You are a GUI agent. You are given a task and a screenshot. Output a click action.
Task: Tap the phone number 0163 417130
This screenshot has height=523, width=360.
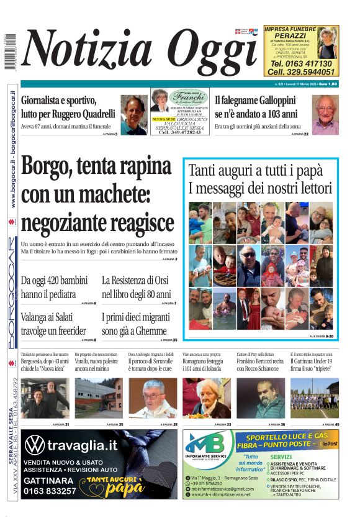(301, 63)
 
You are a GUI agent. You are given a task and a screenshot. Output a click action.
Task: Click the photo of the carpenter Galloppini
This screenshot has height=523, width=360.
(325, 114)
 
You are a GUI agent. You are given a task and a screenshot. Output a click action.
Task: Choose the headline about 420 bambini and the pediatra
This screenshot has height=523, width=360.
(57, 287)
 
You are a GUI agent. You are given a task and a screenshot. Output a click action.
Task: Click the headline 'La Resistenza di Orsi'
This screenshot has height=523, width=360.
(138, 280)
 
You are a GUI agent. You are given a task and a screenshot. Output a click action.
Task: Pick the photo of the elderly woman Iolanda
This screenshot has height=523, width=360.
(207, 398)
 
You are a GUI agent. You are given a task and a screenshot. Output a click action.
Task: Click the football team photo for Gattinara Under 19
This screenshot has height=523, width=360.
(314, 398)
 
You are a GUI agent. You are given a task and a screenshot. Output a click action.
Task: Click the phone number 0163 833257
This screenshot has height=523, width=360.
(50, 491)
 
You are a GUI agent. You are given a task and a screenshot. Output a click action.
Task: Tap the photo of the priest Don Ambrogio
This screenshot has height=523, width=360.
(153, 398)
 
